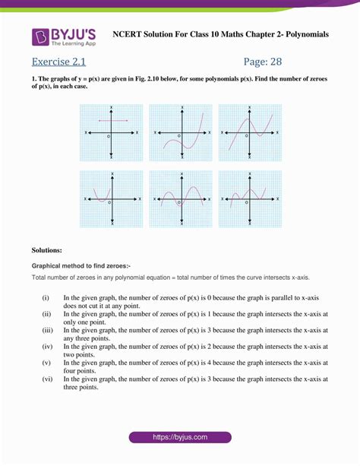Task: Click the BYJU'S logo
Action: click(x=65, y=36)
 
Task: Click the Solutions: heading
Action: click(x=47, y=249)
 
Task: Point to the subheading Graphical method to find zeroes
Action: click(x=81, y=266)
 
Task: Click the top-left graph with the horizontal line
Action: click(x=112, y=133)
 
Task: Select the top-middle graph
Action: click(x=181, y=133)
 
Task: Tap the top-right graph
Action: click(x=250, y=133)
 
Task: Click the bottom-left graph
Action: click(x=112, y=198)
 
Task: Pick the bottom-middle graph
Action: click(x=181, y=198)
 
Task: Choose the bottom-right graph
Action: click(x=250, y=198)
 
